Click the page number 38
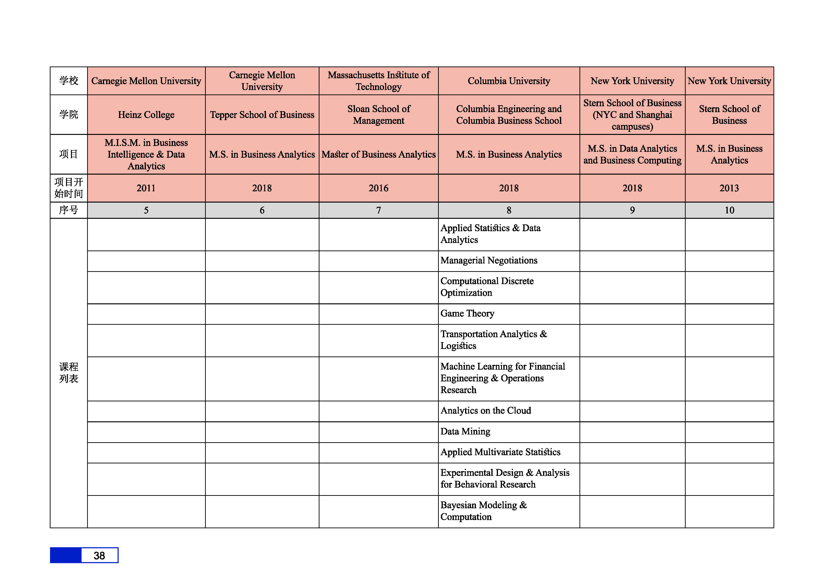point(99,555)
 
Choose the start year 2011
point(146,188)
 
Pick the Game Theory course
point(467,314)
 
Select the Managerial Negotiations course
point(489,261)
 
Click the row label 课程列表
point(69,373)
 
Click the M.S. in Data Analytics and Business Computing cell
point(632,154)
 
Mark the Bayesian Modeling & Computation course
point(483,511)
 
